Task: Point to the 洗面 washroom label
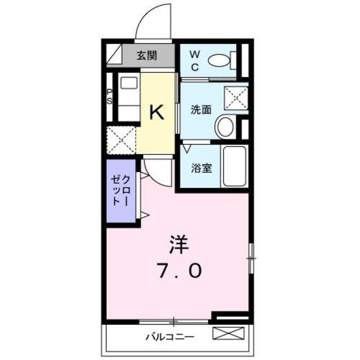click(x=200, y=111)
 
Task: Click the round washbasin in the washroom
click(x=226, y=126)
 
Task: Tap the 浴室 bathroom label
click(x=202, y=168)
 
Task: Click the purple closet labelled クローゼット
click(x=121, y=191)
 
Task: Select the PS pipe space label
click(x=110, y=97)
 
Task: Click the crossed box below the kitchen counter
click(x=121, y=140)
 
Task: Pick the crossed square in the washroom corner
click(x=236, y=97)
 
